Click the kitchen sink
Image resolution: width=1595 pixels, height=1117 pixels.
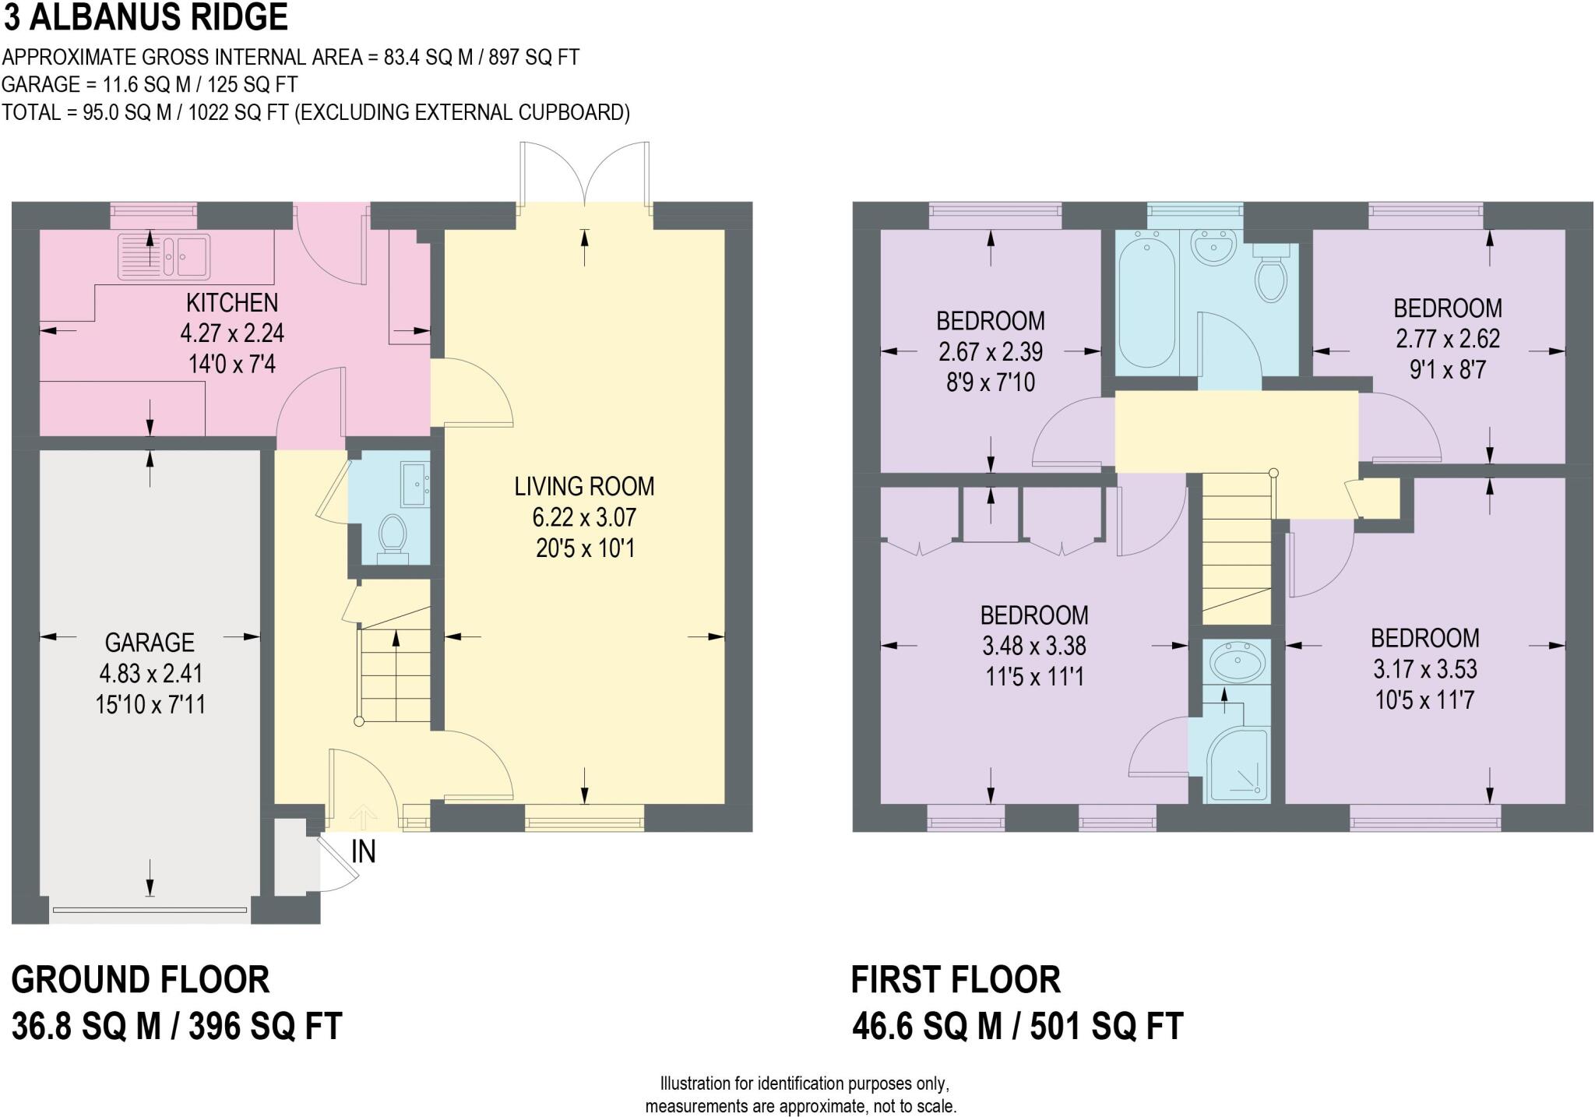click(x=164, y=256)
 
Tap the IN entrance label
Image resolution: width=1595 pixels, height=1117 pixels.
click(x=364, y=851)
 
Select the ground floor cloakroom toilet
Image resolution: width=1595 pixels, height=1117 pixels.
click(x=393, y=534)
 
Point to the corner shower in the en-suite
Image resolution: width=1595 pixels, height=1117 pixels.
click(x=1237, y=763)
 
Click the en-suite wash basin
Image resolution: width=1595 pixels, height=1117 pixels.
click(x=1236, y=664)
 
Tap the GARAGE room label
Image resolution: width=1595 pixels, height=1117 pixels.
click(x=150, y=643)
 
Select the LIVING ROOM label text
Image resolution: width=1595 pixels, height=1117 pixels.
click(x=584, y=487)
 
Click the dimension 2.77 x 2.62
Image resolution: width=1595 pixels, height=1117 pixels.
click(x=1447, y=339)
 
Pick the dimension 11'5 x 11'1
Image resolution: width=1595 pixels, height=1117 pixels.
click(x=1033, y=677)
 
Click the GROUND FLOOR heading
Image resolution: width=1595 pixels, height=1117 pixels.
click(x=140, y=979)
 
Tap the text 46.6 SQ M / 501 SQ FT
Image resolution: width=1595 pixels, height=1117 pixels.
click(x=1017, y=1026)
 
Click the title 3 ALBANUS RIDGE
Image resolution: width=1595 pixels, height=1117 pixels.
click(x=146, y=17)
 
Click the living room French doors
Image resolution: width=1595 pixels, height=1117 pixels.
click(x=584, y=175)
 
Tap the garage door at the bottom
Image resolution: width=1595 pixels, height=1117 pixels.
click(x=149, y=909)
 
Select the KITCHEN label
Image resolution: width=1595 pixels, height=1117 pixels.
click(x=232, y=302)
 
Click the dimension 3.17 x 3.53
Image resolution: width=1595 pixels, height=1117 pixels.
click(x=1424, y=669)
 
